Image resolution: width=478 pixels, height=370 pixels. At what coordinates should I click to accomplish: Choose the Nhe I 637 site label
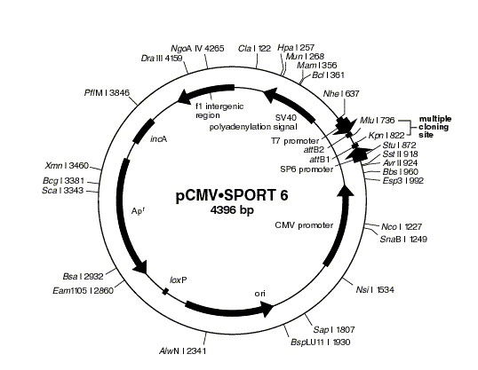pos(342,93)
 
